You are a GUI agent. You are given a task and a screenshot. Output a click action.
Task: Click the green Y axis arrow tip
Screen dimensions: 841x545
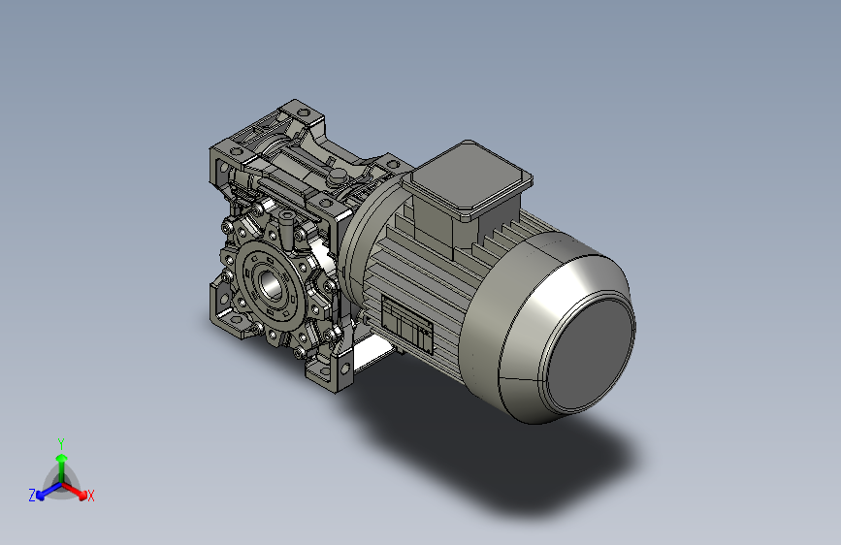(62, 458)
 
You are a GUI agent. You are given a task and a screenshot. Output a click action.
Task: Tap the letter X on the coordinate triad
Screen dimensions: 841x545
(90, 496)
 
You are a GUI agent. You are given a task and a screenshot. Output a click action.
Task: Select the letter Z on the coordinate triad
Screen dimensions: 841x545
(32, 496)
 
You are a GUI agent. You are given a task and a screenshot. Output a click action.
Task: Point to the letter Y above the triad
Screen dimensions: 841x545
(61, 444)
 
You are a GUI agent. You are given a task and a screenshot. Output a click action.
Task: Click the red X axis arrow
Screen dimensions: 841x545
(74, 491)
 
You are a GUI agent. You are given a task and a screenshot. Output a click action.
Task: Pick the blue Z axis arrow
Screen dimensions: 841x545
(49, 491)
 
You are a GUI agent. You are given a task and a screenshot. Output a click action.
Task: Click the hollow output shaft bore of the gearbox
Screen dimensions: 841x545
(271, 284)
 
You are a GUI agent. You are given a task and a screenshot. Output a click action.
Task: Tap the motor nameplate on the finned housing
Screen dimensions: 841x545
(406, 323)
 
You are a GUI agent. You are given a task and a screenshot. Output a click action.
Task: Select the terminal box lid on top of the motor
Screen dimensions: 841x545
(468, 179)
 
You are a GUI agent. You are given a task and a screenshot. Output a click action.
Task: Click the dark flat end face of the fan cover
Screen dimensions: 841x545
(590, 354)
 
